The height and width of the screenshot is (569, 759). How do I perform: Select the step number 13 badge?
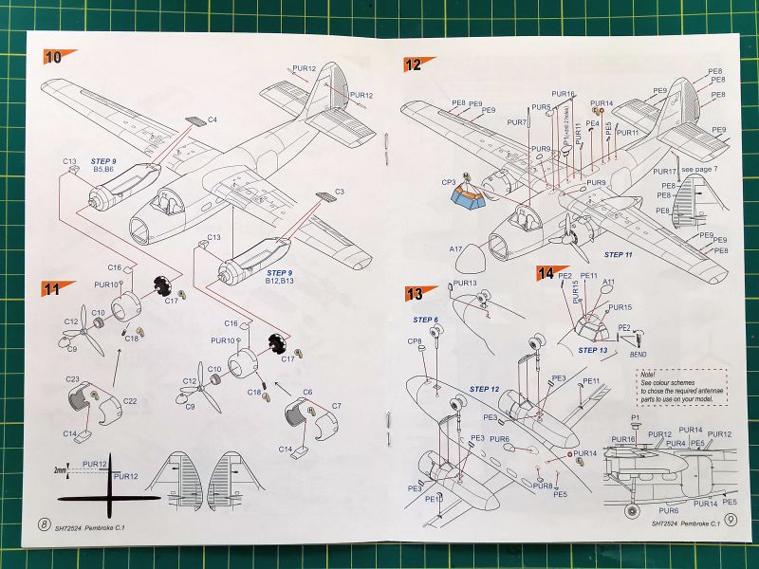click(415, 293)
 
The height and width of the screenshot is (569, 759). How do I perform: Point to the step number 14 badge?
click(546, 272)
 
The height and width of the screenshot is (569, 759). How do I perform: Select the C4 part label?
click(213, 119)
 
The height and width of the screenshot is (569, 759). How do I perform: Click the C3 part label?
click(339, 193)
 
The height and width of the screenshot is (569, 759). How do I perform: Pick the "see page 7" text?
click(700, 167)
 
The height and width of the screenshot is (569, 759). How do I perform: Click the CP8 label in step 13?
click(415, 340)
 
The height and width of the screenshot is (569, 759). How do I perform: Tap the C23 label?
click(72, 379)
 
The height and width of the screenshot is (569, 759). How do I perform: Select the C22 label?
click(130, 401)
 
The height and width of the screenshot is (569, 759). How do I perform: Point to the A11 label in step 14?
click(608, 282)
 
